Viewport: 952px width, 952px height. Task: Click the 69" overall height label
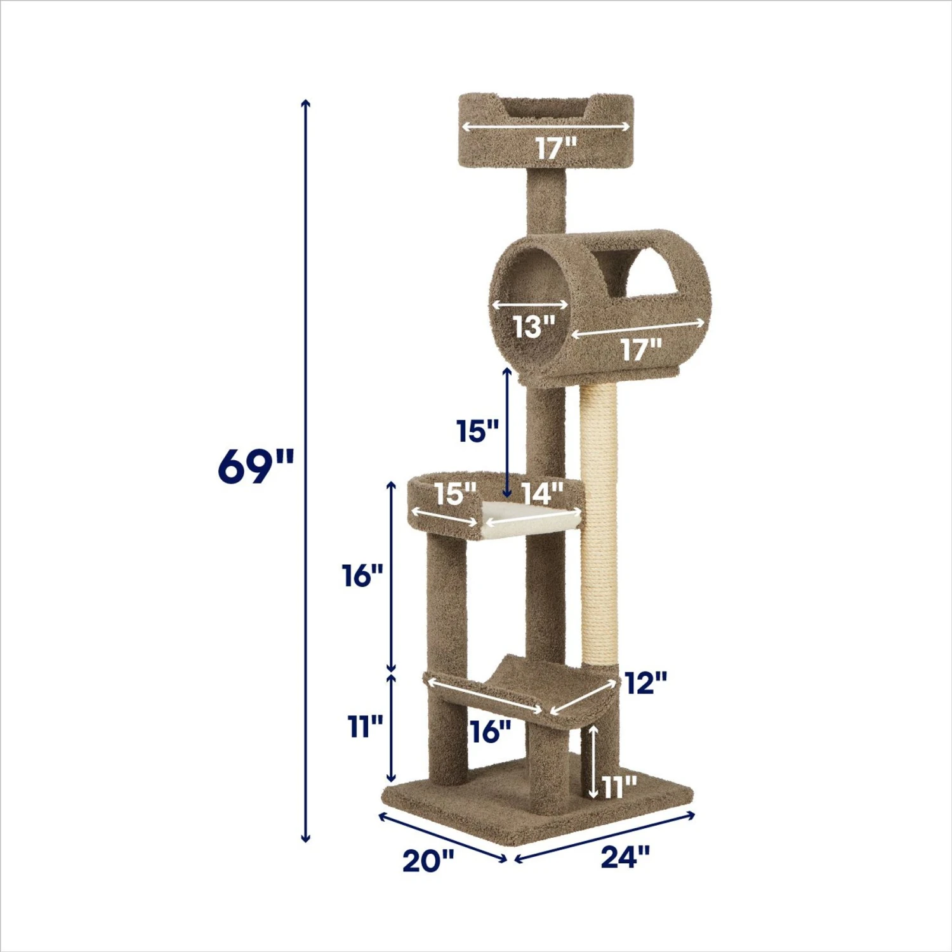256,466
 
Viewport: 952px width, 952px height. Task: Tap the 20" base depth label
428,861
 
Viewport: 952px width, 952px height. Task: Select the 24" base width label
626,857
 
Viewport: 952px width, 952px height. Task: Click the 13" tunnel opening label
534,327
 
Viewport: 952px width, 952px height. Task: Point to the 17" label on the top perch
556,149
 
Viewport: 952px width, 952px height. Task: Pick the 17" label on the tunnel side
641,349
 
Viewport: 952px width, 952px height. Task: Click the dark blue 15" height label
478,432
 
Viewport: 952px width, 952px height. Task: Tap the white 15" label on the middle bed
455,494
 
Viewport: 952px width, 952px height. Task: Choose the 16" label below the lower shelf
491,732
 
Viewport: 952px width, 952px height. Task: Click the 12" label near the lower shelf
645,684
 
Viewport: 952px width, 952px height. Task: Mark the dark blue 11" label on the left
366,726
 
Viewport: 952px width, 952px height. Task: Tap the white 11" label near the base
619,788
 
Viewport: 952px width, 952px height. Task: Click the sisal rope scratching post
599,527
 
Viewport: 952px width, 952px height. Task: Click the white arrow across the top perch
546,126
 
